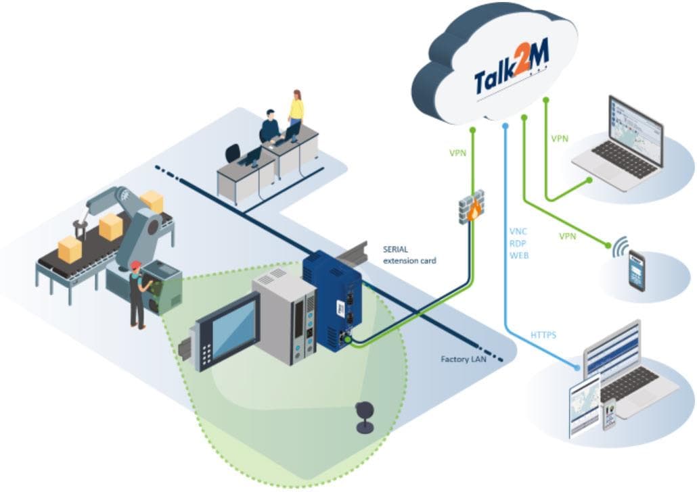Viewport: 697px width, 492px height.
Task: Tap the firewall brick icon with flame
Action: click(472, 206)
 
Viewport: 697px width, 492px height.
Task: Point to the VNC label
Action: click(518, 232)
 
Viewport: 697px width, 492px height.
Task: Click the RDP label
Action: click(518, 243)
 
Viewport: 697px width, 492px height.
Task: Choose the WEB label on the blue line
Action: click(519, 255)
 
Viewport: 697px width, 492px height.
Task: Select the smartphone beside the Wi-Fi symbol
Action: click(637, 270)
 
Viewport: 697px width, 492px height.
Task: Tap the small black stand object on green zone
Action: click(366, 416)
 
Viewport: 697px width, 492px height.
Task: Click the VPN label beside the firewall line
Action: click(458, 153)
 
